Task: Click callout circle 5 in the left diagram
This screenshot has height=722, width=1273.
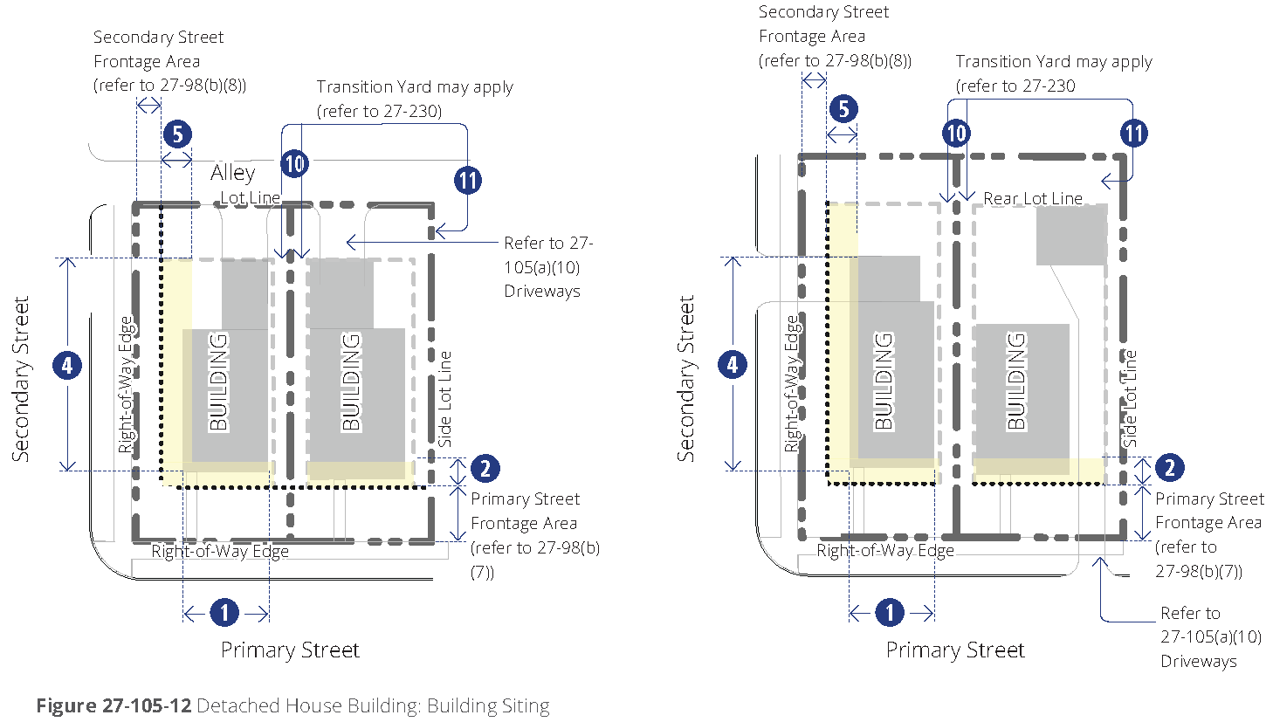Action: pos(177,134)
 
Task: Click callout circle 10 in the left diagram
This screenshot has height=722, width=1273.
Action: pos(294,163)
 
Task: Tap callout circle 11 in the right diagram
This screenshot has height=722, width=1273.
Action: pos(1134,134)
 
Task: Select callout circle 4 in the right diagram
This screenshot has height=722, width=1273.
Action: pos(733,365)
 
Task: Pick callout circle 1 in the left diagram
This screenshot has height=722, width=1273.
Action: pos(224,612)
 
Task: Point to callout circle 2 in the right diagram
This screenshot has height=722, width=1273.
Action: pos(1170,468)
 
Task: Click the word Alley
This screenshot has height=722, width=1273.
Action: pos(232,173)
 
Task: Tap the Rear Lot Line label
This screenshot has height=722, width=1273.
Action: pos(1033,198)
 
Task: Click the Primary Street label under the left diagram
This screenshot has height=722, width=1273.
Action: pos(290,650)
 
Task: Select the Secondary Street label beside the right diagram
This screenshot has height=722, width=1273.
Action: pos(685,378)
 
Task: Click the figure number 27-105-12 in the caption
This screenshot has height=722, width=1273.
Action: pos(147,705)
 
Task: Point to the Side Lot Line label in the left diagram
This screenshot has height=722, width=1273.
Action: pos(444,399)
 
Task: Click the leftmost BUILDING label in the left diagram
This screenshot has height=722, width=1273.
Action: pos(218,382)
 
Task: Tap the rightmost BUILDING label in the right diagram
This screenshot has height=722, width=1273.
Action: pos(1016,382)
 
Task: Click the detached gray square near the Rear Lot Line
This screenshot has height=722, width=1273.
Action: pos(1072,235)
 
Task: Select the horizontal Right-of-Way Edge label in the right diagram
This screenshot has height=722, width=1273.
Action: pos(884,550)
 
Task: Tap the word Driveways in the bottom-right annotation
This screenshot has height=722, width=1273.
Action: pos(1199,661)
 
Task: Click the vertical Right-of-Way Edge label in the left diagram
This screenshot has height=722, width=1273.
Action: pos(127,385)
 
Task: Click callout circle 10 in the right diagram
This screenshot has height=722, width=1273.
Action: pos(956,134)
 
